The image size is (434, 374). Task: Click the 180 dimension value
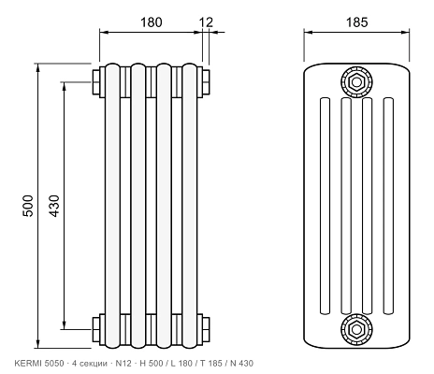[152, 22]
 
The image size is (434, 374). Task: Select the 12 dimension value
[206, 22]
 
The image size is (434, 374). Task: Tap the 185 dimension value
[356, 22]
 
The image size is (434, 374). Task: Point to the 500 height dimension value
[28, 206]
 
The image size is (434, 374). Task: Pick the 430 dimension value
[54, 206]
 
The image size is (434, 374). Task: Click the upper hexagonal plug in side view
[356, 82]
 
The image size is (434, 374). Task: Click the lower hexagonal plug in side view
[356, 329]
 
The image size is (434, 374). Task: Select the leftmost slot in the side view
[325, 206]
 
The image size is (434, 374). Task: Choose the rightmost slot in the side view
[388, 206]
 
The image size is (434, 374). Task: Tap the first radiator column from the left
[112, 206]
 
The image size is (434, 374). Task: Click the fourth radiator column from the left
[190, 206]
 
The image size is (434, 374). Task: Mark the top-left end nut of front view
[96, 82]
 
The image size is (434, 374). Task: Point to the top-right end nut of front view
[206, 82]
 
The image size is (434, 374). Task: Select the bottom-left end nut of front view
[96, 329]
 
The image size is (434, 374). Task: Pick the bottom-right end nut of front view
[206, 329]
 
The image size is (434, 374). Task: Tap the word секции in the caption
[93, 364]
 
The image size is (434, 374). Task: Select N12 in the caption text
[123, 363]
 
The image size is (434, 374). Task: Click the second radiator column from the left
[138, 206]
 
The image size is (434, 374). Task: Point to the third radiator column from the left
[164, 206]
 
